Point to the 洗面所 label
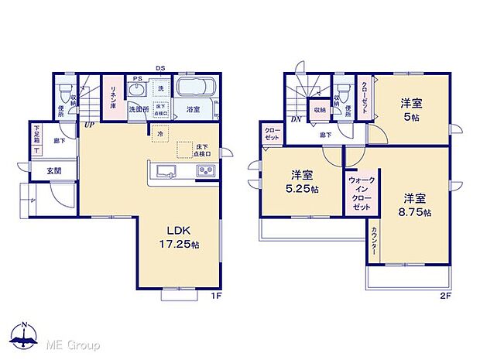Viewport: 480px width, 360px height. (139, 109)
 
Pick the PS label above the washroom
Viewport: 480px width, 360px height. (136, 78)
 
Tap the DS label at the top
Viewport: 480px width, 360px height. (160, 68)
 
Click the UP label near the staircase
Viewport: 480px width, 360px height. (89, 125)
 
